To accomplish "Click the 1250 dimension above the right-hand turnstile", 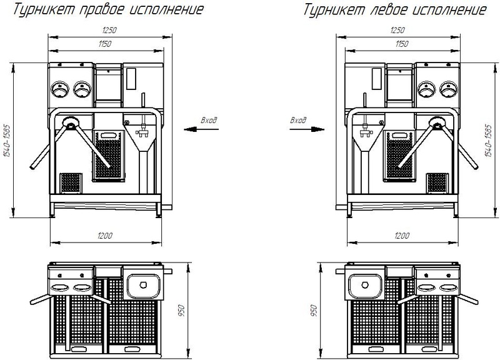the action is pyautogui.click(x=397, y=30).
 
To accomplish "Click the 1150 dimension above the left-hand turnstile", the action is pyautogui.click(x=104, y=44).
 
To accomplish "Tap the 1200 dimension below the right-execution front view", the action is pyautogui.click(x=105, y=236).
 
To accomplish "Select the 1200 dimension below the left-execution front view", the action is pyautogui.click(x=402, y=236).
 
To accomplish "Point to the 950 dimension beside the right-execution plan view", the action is pyautogui.click(x=181, y=311).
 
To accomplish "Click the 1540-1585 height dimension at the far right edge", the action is pyautogui.click(x=488, y=141).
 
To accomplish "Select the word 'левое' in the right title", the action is pyautogui.click(x=390, y=9).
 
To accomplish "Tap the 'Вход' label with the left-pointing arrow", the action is pyautogui.click(x=209, y=120).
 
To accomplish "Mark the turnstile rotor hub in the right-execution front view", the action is pyautogui.click(x=71, y=122).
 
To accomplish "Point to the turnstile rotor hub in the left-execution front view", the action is pyautogui.click(x=437, y=122).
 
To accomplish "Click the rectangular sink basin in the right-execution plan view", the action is pyautogui.click(x=144, y=286).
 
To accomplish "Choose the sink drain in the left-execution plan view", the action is pyautogui.click(x=365, y=285).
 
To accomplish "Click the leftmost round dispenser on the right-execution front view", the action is pyautogui.click(x=60, y=89).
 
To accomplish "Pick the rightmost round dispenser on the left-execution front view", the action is pyautogui.click(x=448, y=89).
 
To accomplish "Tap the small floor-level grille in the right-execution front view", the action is pyautogui.click(x=71, y=182).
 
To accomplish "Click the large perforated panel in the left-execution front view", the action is pyautogui.click(x=399, y=156).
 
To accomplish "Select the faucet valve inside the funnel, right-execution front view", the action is pyautogui.click(x=143, y=132).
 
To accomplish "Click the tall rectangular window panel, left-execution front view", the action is pyautogui.click(x=377, y=79).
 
